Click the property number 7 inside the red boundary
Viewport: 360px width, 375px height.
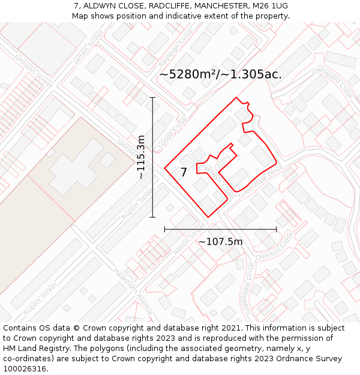[184, 172]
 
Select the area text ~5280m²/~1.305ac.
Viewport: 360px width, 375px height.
[220, 74]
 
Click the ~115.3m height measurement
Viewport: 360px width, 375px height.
[142, 157]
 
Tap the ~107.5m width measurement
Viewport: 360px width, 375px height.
[220, 242]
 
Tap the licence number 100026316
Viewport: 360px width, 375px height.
[25, 369]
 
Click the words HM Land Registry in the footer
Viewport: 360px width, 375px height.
[33, 349]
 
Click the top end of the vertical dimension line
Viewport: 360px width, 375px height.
[152, 97]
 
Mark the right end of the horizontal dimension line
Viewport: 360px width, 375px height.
[277, 229]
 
